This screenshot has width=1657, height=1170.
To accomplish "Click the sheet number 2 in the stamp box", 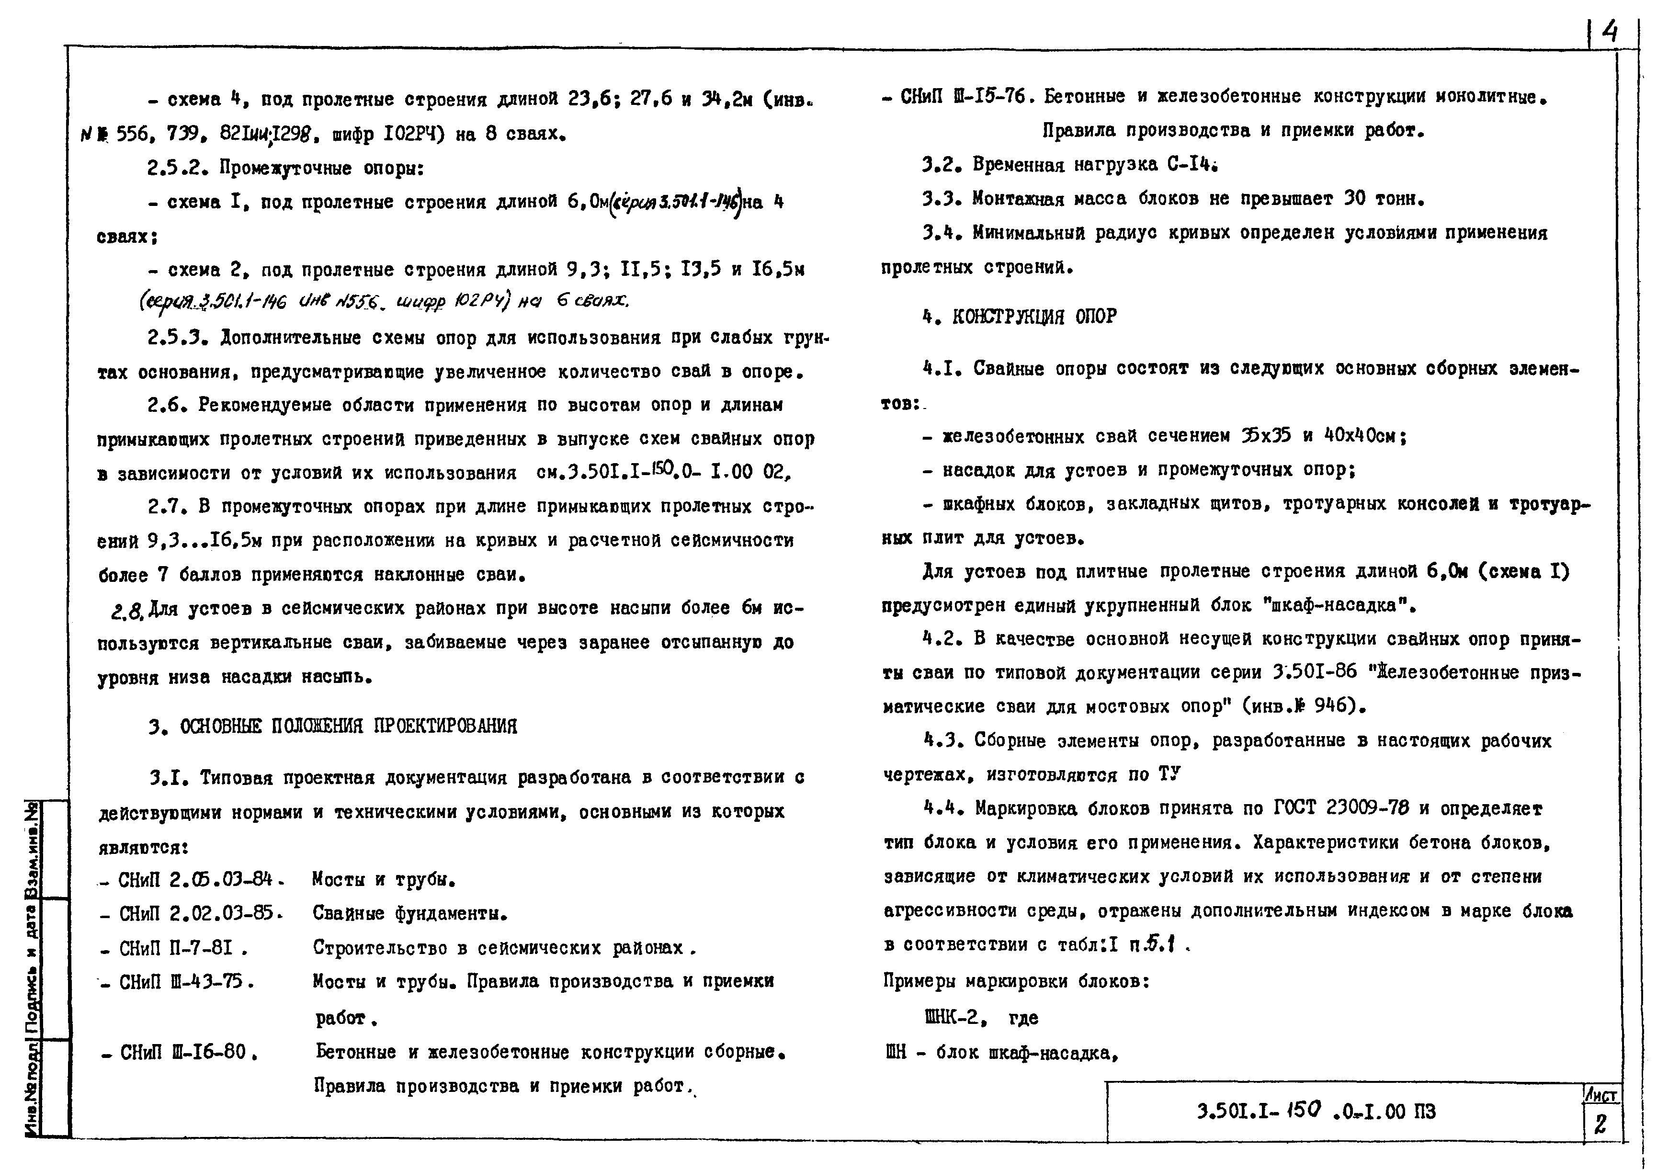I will point(1600,1125).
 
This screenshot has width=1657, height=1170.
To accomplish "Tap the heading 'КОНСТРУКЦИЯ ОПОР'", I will point(1033,316).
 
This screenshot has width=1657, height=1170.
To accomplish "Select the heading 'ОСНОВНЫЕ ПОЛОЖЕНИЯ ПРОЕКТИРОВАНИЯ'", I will point(348,726).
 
